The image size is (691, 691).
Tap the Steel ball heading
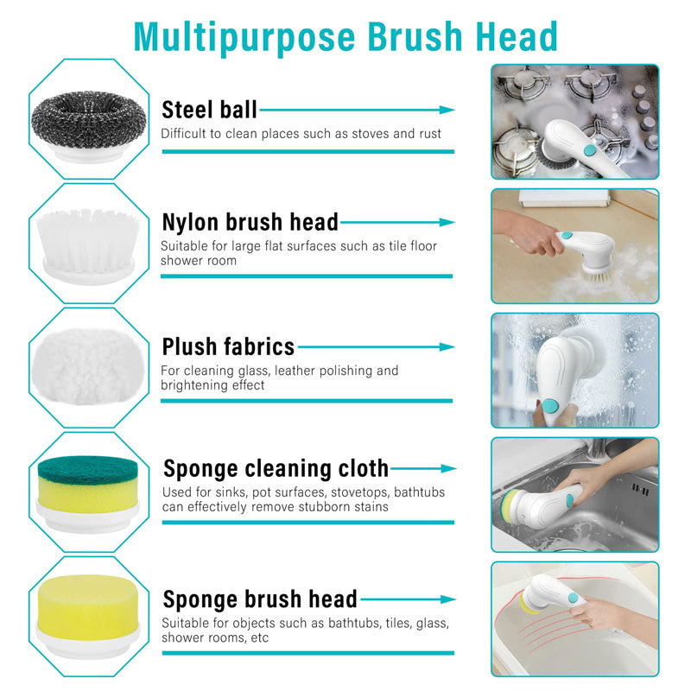point(209,110)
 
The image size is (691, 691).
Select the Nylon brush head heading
point(250,222)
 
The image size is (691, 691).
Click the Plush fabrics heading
point(228,347)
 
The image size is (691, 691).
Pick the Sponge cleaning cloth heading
point(276,468)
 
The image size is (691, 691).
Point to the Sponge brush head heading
point(260,599)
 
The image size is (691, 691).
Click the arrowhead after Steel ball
point(447,111)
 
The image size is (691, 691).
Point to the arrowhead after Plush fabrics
point(447,347)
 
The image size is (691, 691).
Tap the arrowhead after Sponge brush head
point(447,599)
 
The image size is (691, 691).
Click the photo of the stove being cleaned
point(574,121)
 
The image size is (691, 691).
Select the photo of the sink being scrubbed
point(574,494)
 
